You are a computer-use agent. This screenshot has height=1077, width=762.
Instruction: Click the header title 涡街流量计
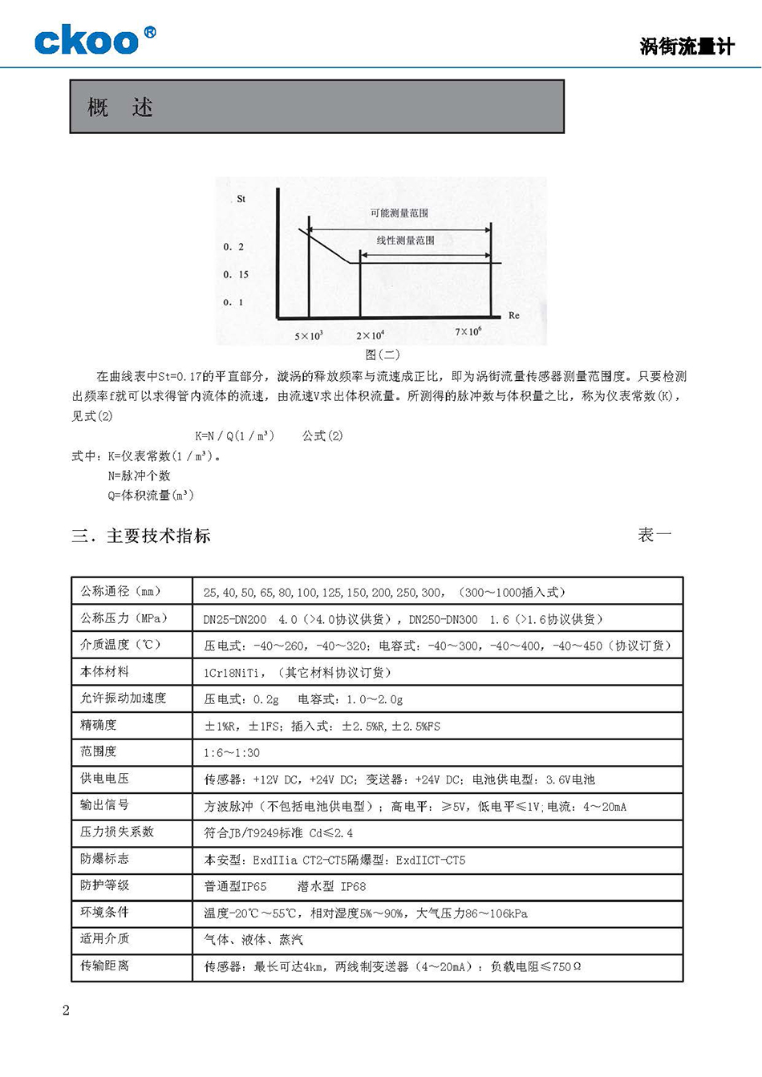(x=687, y=47)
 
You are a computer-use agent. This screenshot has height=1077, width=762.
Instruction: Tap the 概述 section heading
(x=120, y=107)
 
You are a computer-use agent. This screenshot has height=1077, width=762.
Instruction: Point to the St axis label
(x=241, y=199)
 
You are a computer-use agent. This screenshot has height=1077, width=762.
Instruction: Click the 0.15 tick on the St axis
(x=236, y=274)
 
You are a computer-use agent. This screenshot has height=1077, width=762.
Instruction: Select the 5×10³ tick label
(x=308, y=336)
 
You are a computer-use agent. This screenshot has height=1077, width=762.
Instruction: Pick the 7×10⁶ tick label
(x=468, y=332)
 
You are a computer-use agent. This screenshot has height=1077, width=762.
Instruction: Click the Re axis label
(x=514, y=315)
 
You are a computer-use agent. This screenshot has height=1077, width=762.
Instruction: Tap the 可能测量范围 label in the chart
(x=399, y=213)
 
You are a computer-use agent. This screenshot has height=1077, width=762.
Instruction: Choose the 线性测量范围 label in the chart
(x=406, y=241)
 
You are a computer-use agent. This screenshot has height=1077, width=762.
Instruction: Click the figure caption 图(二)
(x=382, y=354)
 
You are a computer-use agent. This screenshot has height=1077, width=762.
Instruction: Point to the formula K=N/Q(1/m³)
(x=235, y=435)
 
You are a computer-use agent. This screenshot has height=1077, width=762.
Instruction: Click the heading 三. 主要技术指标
(x=141, y=536)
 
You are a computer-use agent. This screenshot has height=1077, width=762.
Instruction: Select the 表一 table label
(x=655, y=535)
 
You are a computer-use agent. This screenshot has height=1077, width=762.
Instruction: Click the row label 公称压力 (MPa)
(x=124, y=618)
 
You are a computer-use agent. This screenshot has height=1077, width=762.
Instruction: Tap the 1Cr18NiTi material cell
(x=298, y=672)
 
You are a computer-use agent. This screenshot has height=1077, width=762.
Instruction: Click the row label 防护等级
(x=105, y=885)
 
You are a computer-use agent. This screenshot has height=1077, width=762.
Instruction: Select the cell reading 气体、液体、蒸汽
(x=253, y=939)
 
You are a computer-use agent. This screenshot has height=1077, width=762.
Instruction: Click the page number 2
(x=66, y=1010)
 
